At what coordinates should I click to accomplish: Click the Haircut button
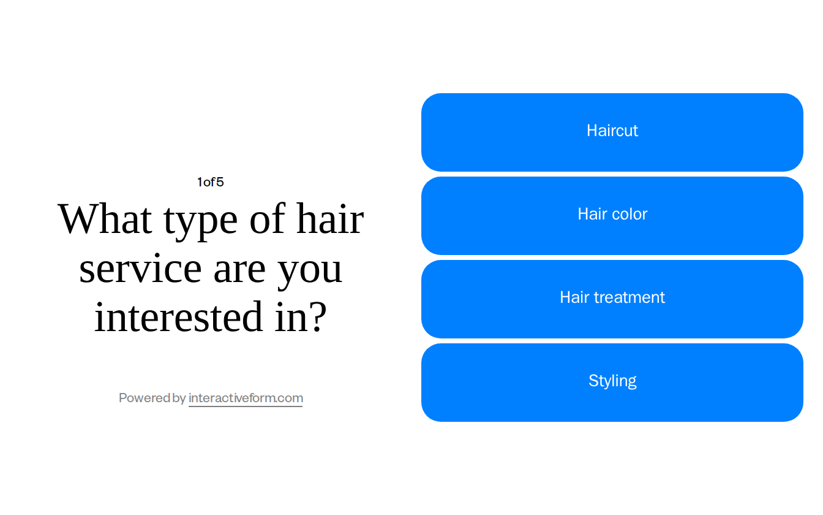click(612, 132)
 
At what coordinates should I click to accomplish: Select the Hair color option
click(612, 215)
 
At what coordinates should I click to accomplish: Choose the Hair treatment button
click(612, 299)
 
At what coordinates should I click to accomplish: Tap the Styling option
click(612, 382)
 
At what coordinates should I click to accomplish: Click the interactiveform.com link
click(246, 398)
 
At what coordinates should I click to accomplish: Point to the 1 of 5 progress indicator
click(210, 182)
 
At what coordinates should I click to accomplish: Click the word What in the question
click(105, 219)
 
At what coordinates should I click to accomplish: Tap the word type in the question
click(200, 221)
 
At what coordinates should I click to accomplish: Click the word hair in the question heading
click(330, 219)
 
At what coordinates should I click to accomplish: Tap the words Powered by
click(152, 398)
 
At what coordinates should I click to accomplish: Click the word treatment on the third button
click(629, 297)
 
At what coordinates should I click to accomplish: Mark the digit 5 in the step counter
click(220, 182)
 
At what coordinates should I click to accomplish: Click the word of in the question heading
click(268, 219)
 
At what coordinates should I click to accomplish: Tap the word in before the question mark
click(290, 317)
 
